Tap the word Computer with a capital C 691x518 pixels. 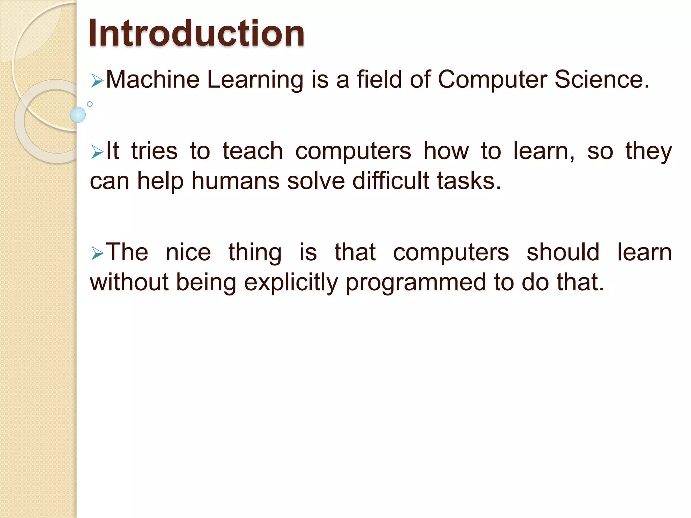point(492,80)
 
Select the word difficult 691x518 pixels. point(391,181)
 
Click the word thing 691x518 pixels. point(255,253)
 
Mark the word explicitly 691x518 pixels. point(291,283)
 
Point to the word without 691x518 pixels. point(129,282)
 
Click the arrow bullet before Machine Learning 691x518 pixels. point(97,81)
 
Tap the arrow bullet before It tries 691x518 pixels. point(97,152)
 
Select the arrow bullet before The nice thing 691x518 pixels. point(97,254)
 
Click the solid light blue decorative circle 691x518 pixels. point(78,115)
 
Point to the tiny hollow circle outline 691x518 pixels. point(90,104)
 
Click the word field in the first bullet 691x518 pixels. point(379,80)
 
